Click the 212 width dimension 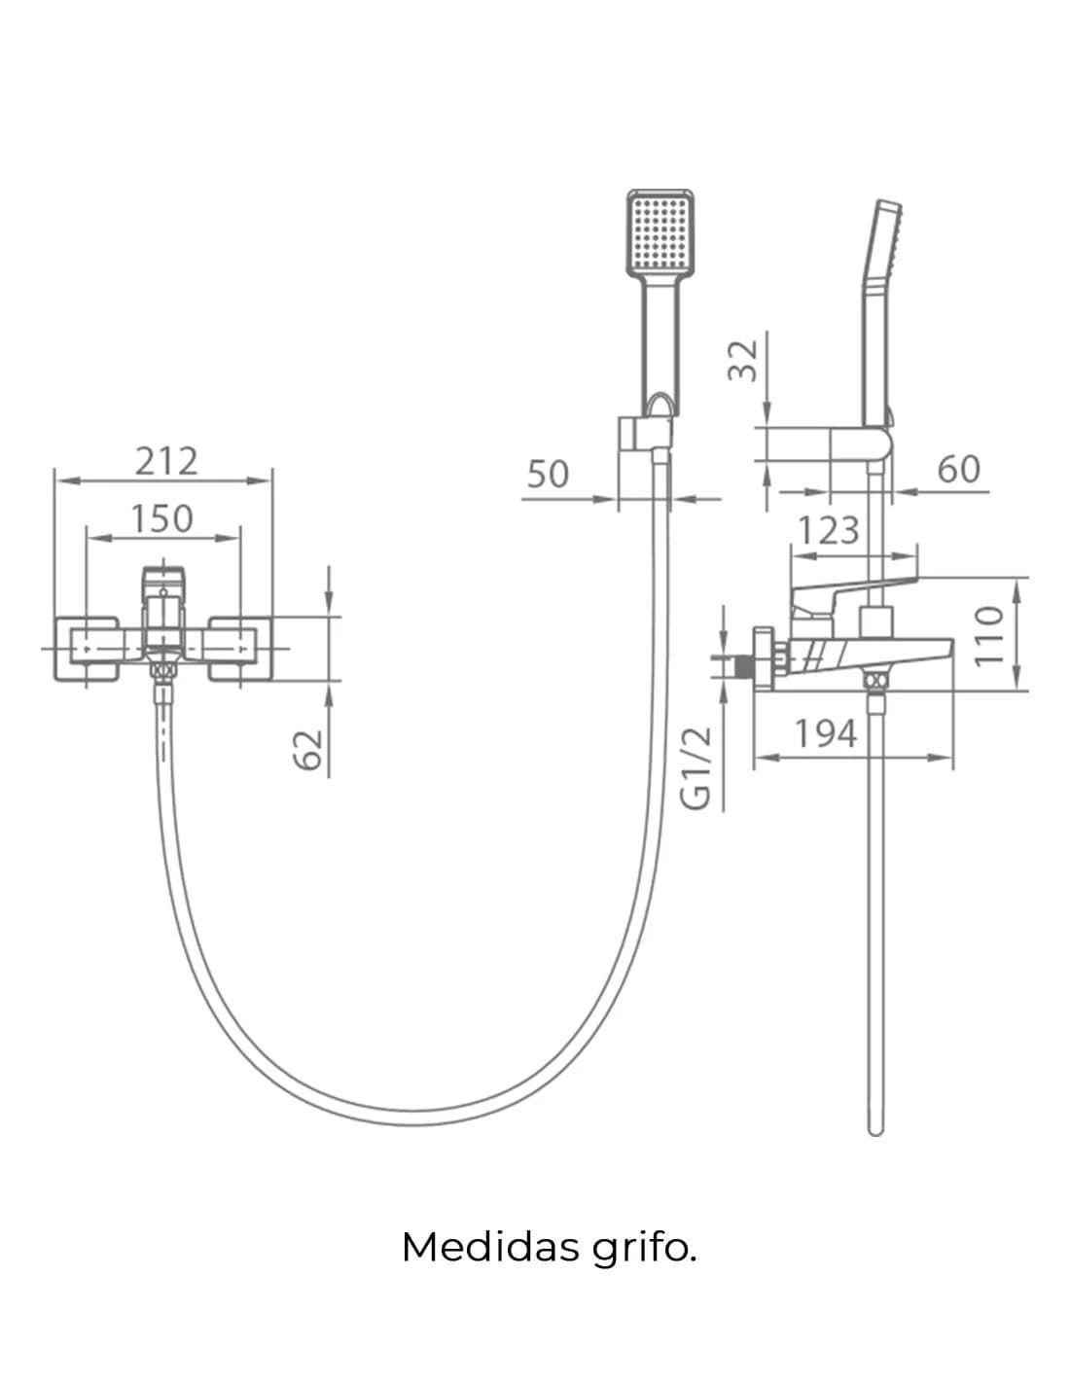[166, 461]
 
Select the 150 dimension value [161, 518]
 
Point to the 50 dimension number [548, 475]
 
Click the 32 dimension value [743, 360]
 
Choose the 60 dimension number [958, 469]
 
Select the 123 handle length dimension [829, 530]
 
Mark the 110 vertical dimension [989, 636]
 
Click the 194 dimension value [826, 733]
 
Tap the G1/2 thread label [696, 768]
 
